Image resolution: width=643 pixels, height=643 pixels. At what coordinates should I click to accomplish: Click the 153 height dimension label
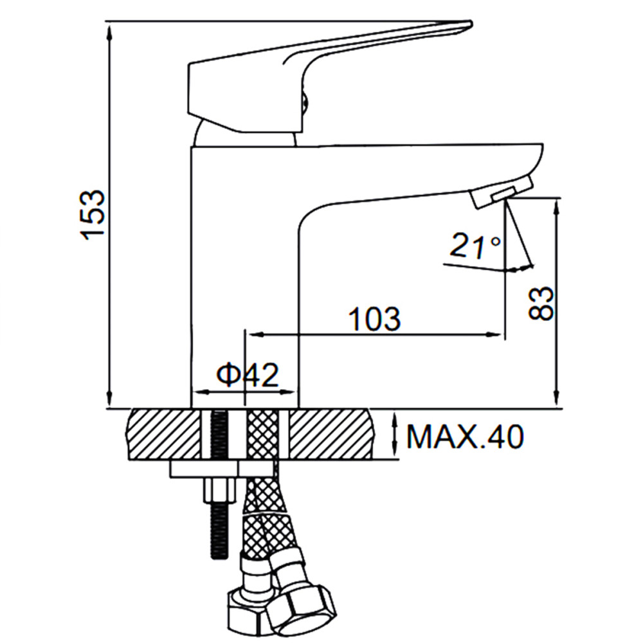click(93, 215)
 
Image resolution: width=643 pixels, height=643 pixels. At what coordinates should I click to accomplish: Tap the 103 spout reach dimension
click(374, 319)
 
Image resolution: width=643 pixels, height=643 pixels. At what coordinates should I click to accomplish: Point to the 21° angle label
click(475, 246)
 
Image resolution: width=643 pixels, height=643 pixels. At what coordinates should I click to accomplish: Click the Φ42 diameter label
click(248, 374)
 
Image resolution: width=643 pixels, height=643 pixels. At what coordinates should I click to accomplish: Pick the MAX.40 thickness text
click(465, 437)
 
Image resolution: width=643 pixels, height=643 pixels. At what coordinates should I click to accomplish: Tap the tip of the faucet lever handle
click(471, 24)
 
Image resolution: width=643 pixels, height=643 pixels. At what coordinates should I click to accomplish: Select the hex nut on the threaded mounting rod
click(220, 489)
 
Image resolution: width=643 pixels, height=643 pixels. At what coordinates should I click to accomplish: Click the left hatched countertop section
click(165, 434)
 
